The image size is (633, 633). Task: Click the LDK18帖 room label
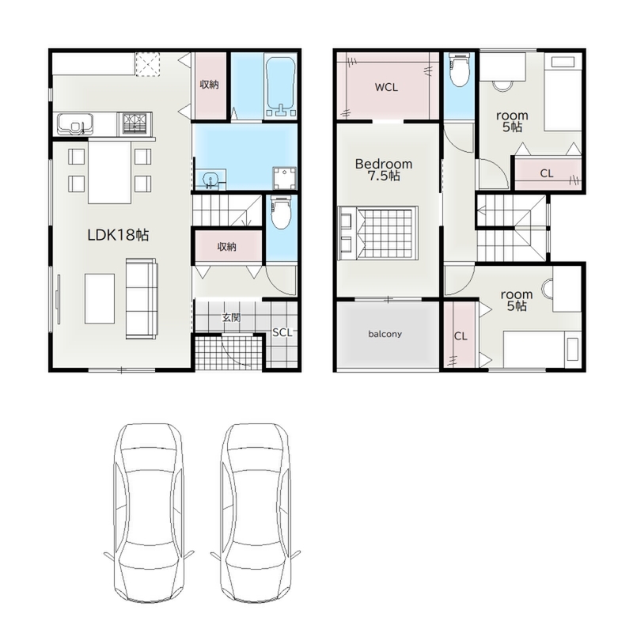pos(118,234)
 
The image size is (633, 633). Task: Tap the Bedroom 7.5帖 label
pos(384,169)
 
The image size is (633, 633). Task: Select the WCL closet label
pos(386,87)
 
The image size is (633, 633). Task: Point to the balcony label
pos(385,334)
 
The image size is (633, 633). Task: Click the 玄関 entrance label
pos(231,318)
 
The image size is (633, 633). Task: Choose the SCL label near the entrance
pos(282,332)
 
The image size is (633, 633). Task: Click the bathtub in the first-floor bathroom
pos(281,87)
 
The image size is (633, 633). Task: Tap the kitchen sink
pos(75,124)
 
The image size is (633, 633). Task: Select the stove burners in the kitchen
pos(135,123)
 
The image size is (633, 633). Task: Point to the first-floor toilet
pos(280,213)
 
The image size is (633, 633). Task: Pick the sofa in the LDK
pos(142,298)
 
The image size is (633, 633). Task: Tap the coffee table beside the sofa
pos(100,298)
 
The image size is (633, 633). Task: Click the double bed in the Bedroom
pos(378,233)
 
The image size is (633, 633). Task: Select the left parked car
pos(149,513)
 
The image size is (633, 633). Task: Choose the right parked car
pos(256,513)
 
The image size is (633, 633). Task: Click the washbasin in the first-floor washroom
pos(210,180)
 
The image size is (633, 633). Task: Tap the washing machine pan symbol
pos(285,178)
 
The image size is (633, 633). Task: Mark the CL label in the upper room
pos(547,173)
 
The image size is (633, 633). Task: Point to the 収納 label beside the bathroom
pos(209,85)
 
